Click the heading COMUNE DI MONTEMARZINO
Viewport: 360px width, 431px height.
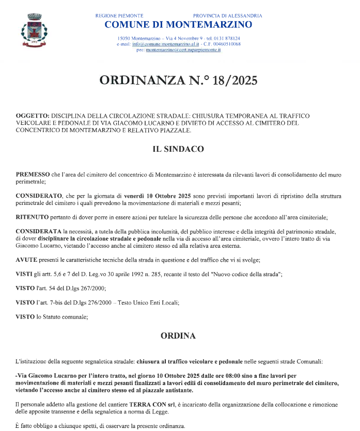(178, 25)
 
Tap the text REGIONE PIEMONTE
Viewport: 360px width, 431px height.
(119, 16)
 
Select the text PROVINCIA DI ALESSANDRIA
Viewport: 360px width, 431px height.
(227, 16)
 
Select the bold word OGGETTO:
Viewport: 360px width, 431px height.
(33, 116)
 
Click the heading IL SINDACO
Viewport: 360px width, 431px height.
(178, 149)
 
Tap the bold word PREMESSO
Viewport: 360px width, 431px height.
(33, 175)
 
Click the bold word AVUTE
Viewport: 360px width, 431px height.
(27, 258)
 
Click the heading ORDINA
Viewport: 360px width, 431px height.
(178, 336)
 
